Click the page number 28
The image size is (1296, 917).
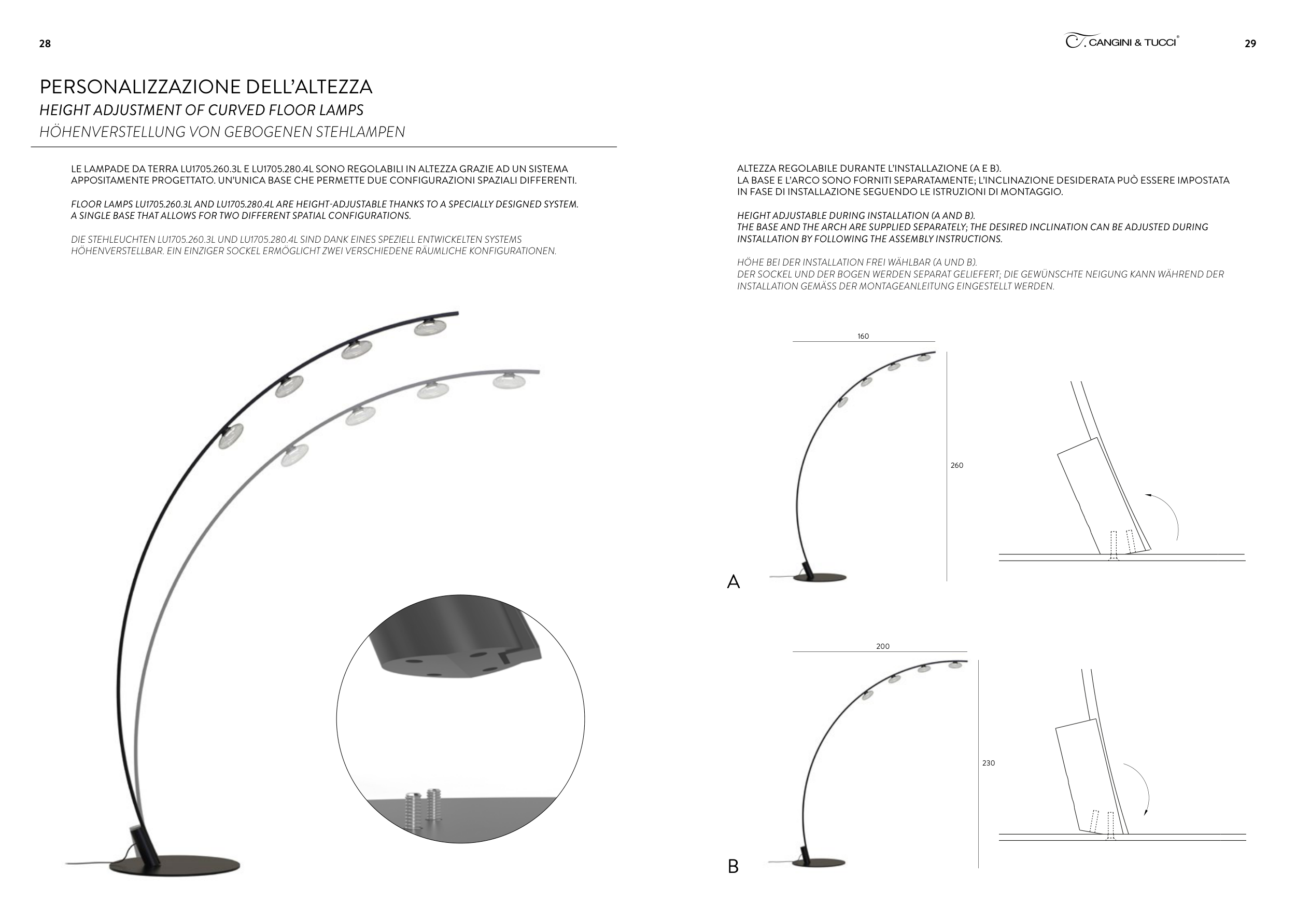coord(45,44)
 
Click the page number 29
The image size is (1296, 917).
coord(1250,44)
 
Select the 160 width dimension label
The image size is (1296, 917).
coord(863,337)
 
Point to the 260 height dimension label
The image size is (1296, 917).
coord(957,466)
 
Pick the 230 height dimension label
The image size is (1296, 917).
coord(989,763)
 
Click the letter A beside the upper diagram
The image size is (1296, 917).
coord(733,582)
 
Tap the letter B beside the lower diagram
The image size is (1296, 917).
coord(733,866)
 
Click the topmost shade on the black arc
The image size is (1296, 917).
coord(430,327)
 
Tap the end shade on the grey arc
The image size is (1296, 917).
coord(509,381)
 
